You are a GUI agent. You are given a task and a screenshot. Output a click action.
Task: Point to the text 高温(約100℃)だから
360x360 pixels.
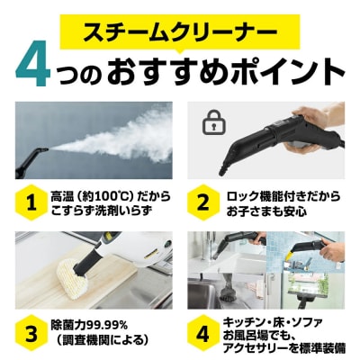(x=108, y=196)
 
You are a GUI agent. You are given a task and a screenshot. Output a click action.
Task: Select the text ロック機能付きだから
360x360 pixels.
(x=283, y=196)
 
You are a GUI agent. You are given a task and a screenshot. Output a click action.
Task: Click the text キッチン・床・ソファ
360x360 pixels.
(x=280, y=318)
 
